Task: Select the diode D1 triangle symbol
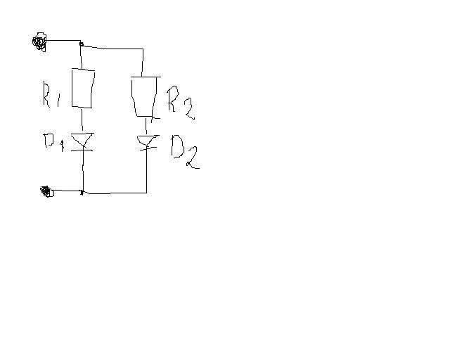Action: [82, 139]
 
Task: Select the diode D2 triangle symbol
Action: [147, 141]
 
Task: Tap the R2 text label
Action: [181, 103]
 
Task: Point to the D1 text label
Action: [53, 142]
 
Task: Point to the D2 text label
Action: [185, 151]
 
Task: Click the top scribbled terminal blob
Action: [39, 42]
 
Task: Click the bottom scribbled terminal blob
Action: [46, 191]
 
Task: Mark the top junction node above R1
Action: [82, 44]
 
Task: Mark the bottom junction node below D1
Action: [82, 193]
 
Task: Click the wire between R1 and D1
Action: [82, 120]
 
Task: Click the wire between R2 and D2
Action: [147, 126]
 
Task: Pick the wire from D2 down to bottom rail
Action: [147, 170]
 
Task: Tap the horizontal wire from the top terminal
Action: [63, 41]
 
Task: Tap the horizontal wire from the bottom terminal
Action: [67, 191]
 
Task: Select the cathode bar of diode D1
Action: [82, 150]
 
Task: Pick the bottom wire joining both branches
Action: [115, 193]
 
